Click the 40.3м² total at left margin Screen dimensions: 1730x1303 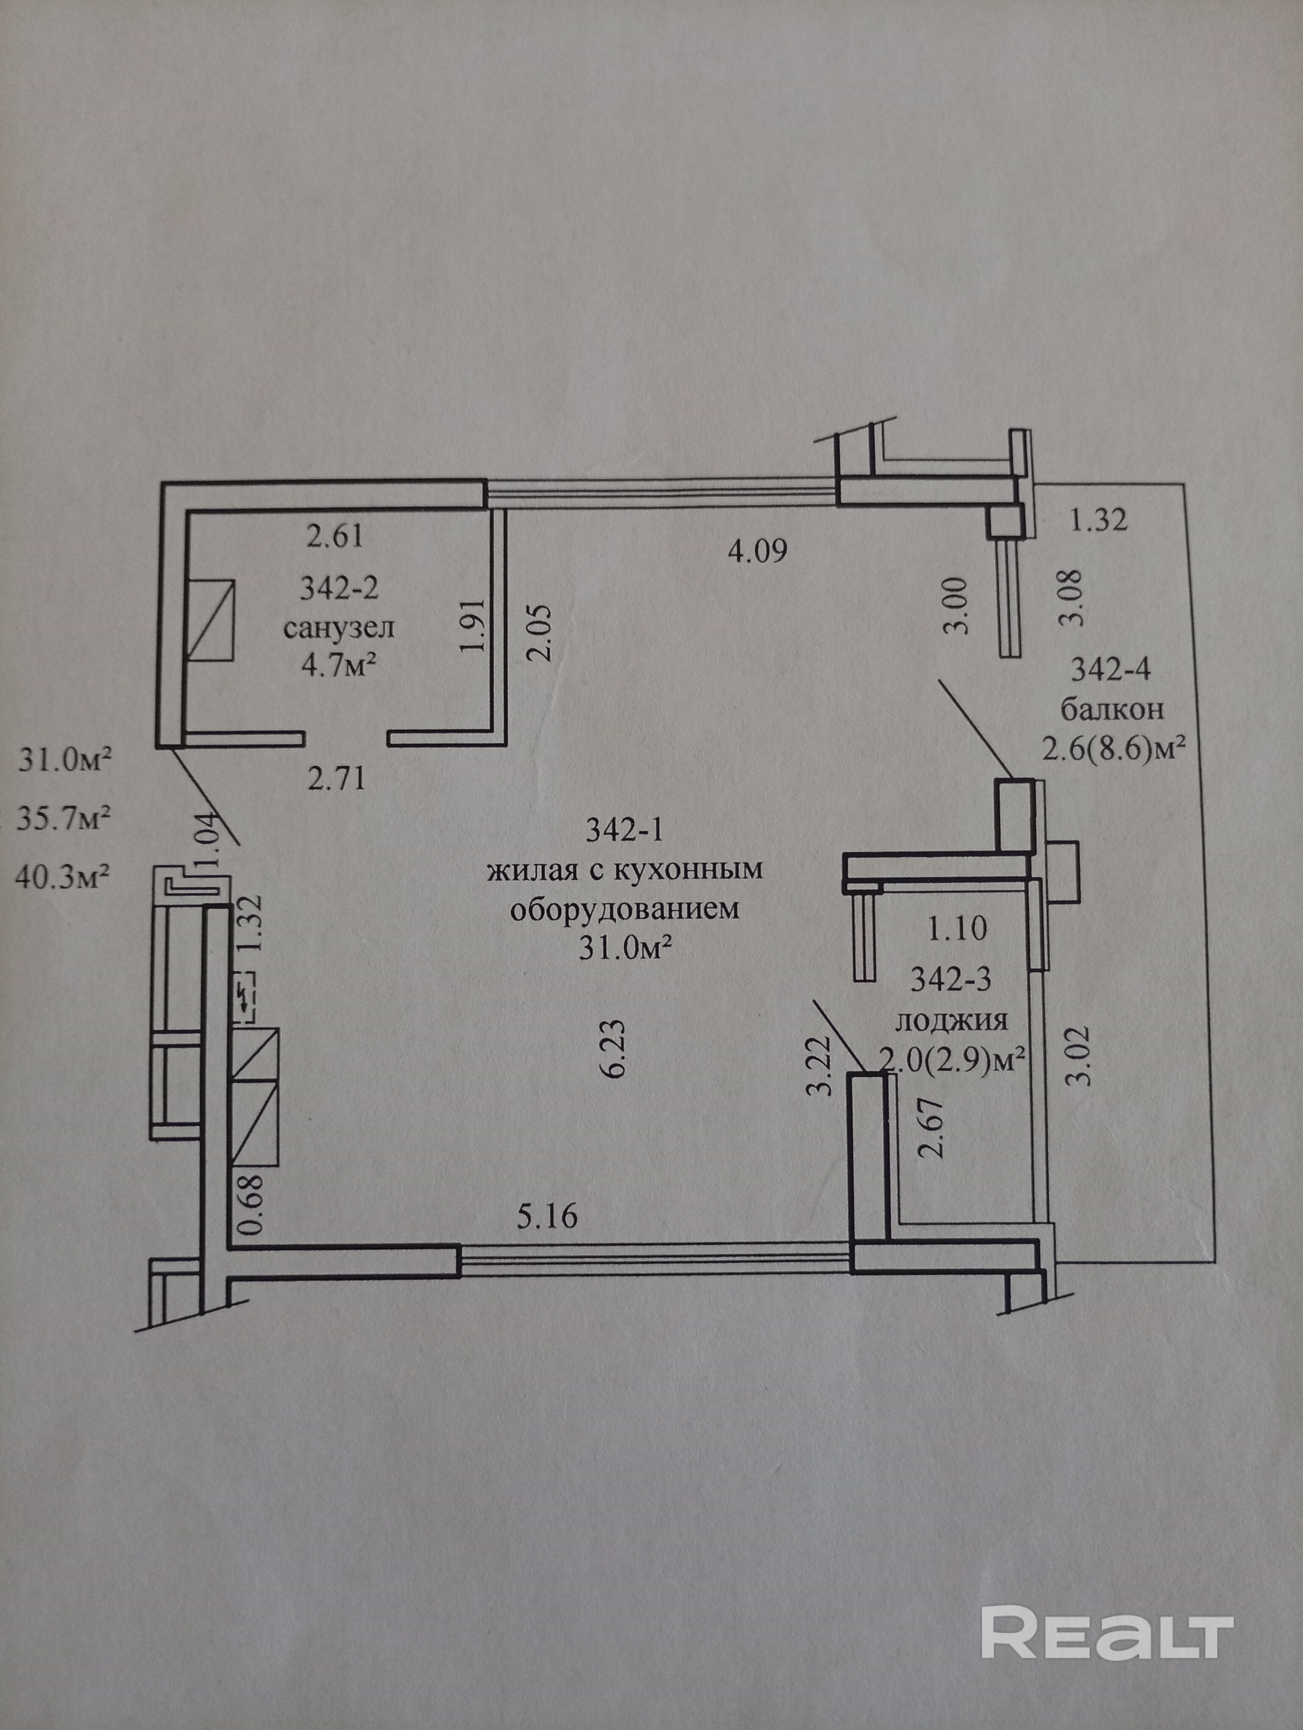(61, 878)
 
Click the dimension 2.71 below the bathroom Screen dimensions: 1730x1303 (336, 779)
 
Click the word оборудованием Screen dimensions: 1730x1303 (624, 910)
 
